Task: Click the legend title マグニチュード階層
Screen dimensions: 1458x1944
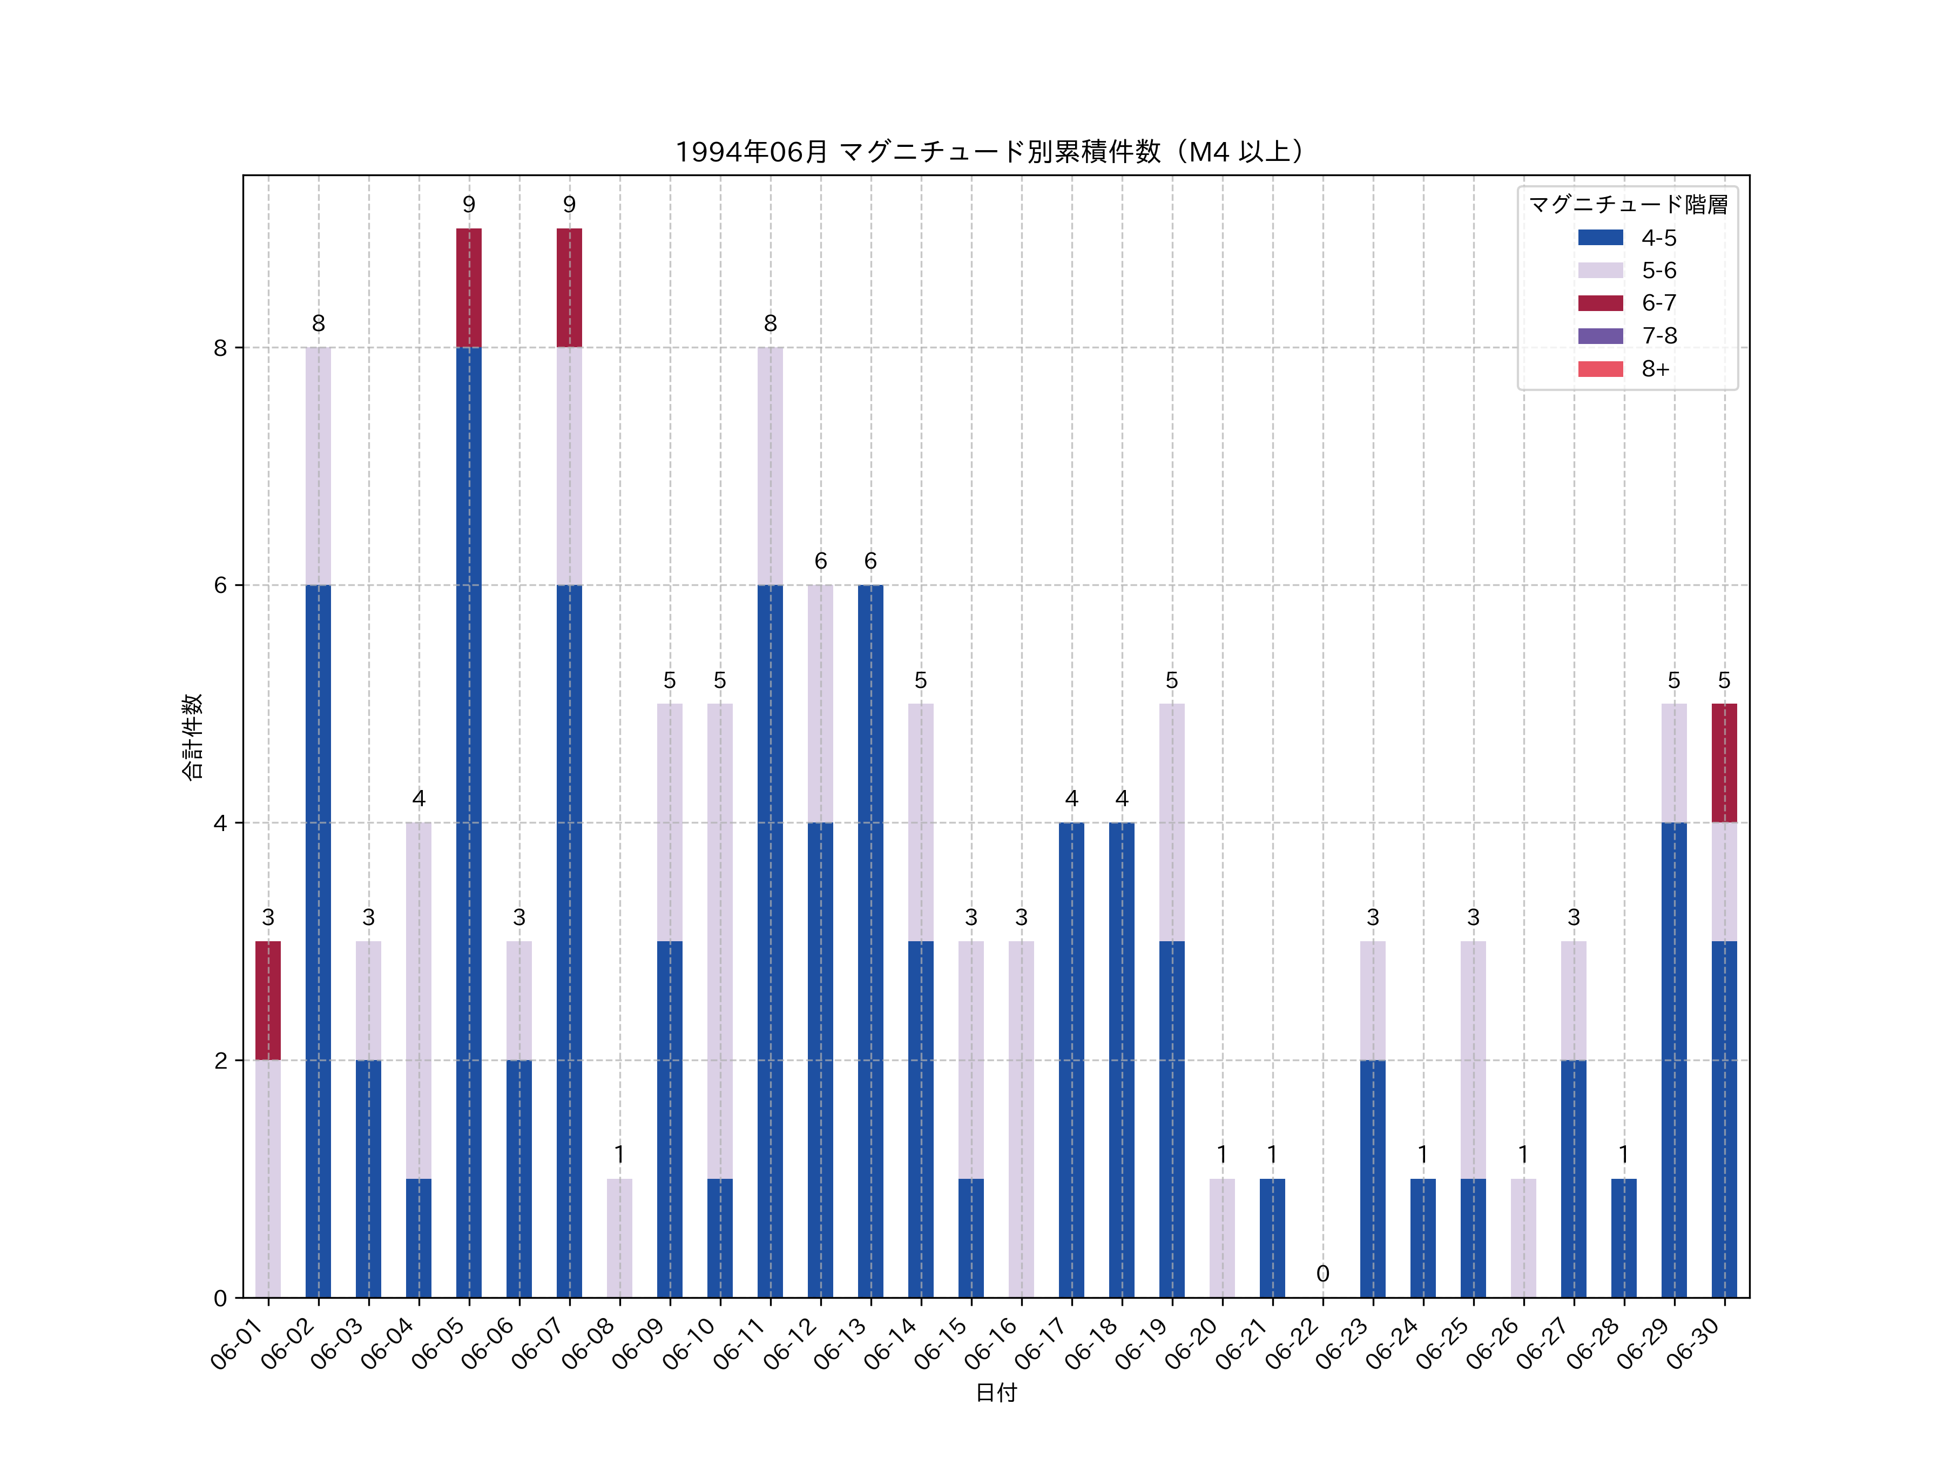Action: tap(1628, 205)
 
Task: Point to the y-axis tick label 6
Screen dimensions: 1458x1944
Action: tap(220, 585)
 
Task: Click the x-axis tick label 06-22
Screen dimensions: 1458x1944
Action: tap(1294, 1345)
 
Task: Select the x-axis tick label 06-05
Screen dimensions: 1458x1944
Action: tap(440, 1345)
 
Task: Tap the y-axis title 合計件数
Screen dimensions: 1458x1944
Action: tap(192, 737)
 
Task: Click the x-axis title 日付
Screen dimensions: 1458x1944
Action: tap(996, 1392)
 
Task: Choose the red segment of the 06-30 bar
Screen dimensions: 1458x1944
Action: tap(1724, 763)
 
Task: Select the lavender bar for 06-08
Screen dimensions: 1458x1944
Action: tap(619, 1238)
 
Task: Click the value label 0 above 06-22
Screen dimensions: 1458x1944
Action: tap(1322, 1273)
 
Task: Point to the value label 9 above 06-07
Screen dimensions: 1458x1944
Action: tap(570, 205)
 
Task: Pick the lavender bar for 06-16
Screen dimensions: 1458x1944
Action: tap(1021, 1119)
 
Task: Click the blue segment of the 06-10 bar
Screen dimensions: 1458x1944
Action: tap(720, 1238)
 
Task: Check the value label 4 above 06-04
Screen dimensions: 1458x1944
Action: tap(418, 798)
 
